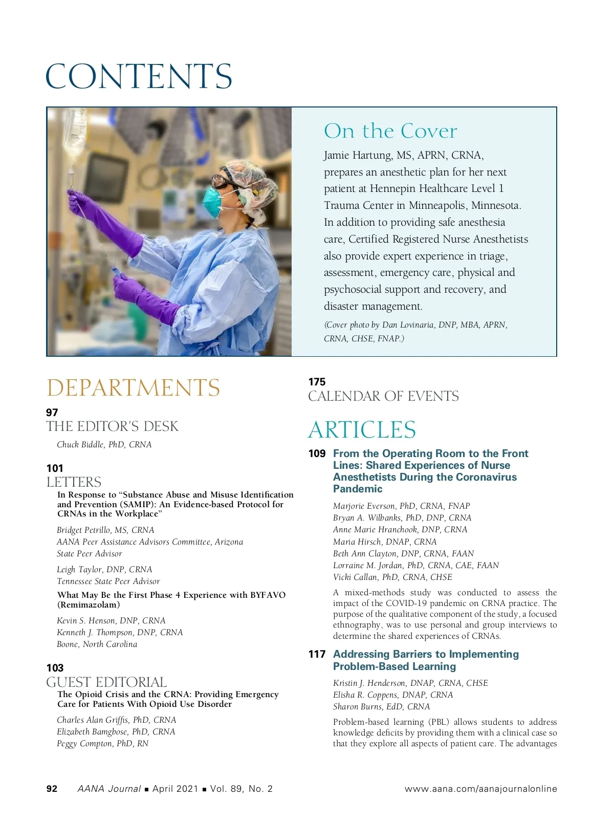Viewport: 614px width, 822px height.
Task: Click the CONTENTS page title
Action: click(x=139, y=77)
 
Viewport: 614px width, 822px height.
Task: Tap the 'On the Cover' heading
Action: click(x=390, y=131)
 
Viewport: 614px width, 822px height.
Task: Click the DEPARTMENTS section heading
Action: click(x=133, y=388)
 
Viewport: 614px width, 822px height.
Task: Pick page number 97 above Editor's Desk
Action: click(x=52, y=413)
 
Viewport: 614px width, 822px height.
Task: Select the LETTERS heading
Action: click(x=74, y=482)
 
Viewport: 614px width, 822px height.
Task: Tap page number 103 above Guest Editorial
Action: click(x=55, y=668)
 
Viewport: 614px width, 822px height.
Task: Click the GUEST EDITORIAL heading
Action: click(x=106, y=682)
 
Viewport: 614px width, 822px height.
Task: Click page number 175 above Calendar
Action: click(x=317, y=382)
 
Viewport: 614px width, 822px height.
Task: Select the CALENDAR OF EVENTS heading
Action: click(x=383, y=396)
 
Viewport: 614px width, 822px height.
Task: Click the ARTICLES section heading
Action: click(x=362, y=429)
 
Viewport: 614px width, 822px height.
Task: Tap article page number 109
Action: click(x=317, y=453)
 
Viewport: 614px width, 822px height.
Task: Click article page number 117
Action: click(x=317, y=654)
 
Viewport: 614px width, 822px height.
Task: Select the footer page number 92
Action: click(x=52, y=789)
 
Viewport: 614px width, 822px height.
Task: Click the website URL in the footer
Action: click(x=480, y=789)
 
